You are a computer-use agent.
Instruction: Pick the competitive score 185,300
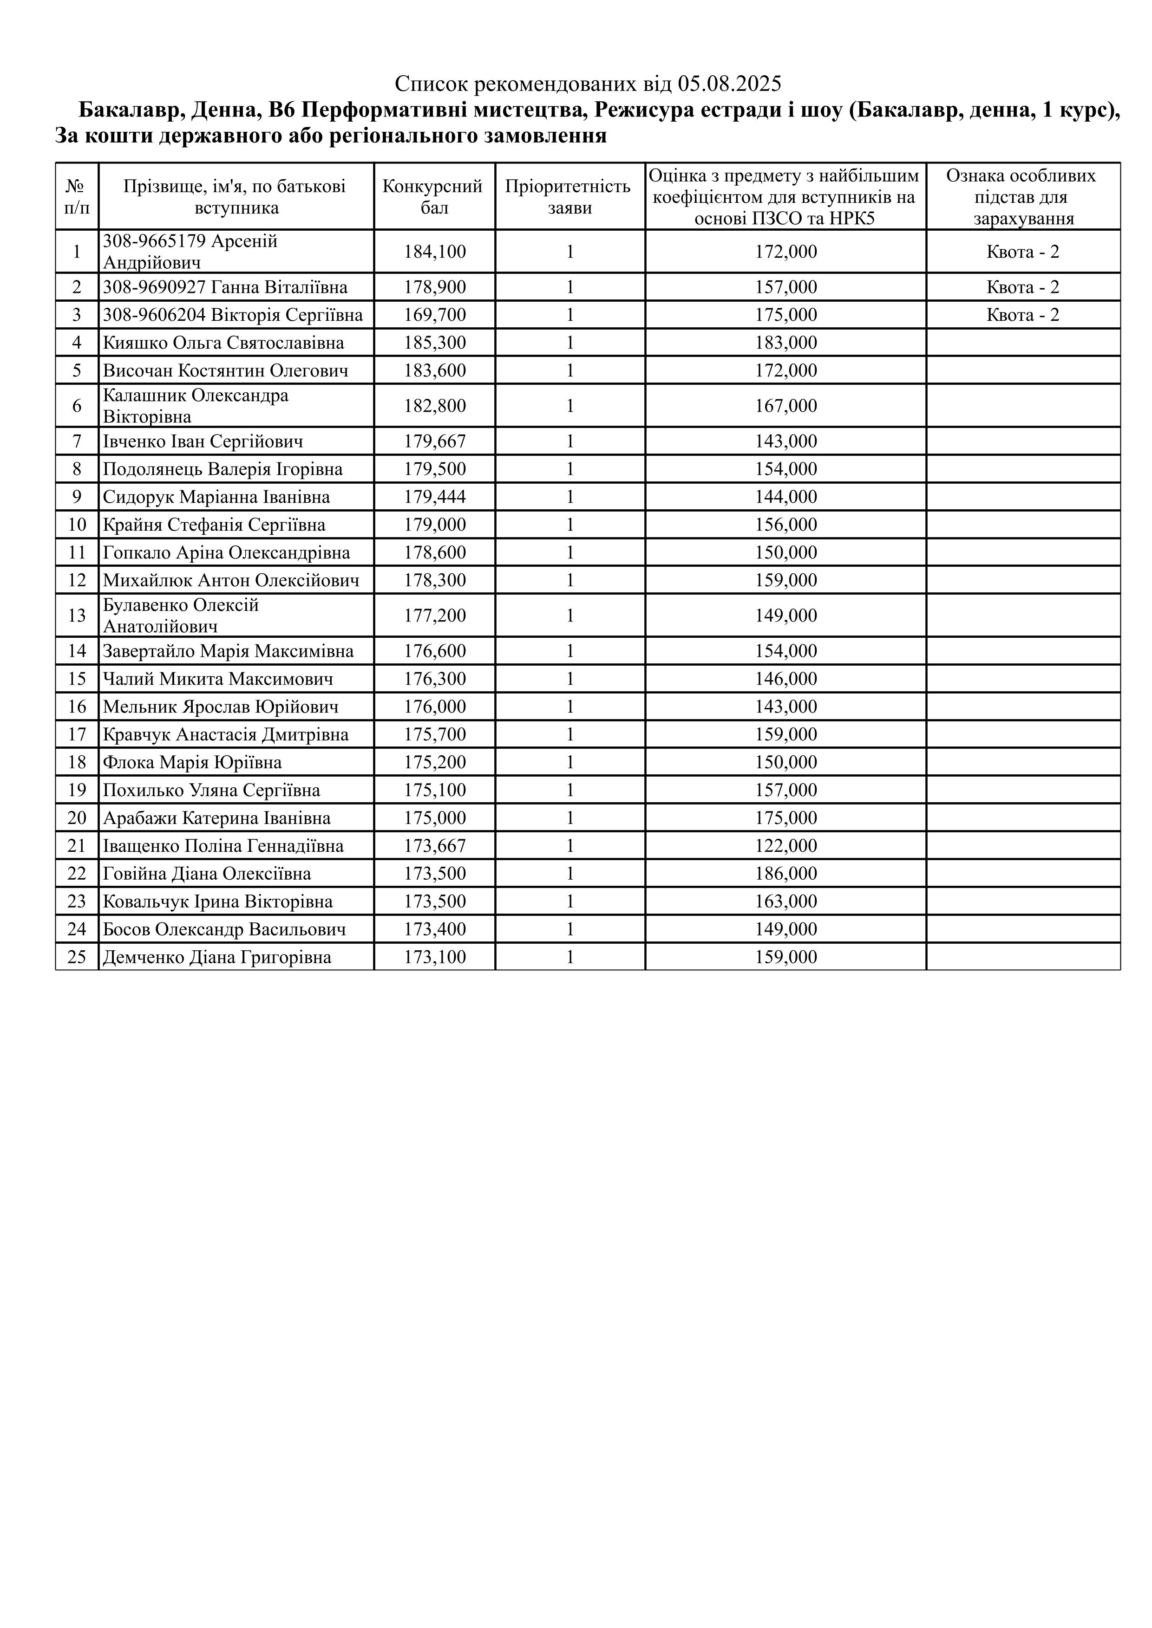tap(435, 343)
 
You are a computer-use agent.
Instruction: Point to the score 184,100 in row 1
tap(435, 252)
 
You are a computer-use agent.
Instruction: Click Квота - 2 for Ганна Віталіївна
tap(1022, 287)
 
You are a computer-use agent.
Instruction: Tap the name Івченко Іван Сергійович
tap(203, 442)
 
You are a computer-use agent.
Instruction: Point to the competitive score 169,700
tap(435, 315)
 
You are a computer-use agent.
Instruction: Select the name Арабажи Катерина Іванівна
tap(216, 818)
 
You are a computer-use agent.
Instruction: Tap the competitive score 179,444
tap(435, 497)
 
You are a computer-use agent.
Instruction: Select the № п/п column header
tap(77, 196)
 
